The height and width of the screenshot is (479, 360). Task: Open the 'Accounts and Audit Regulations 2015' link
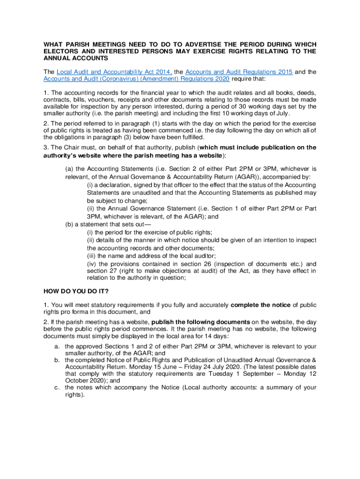pyautogui.click(x=239, y=72)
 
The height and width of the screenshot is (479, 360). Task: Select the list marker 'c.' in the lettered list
pyautogui.click(x=57, y=387)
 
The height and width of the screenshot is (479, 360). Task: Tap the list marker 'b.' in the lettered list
pyautogui.click(x=57, y=360)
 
